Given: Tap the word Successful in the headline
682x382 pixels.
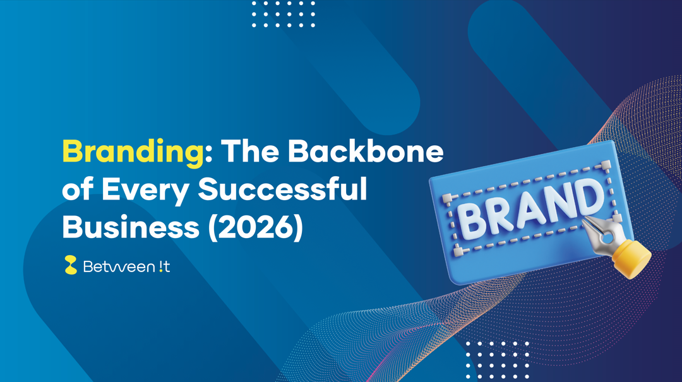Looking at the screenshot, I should click(x=283, y=189).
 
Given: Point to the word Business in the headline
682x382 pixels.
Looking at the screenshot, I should click(x=131, y=227).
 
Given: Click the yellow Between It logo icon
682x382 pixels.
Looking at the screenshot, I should click(x=71, y=265).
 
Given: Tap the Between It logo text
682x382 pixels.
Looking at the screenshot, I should click(x=126, y=267).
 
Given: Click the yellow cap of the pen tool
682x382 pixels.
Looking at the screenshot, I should click(x=633, y=257).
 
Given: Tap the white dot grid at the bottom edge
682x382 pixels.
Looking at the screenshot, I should click(x=497, y=360).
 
